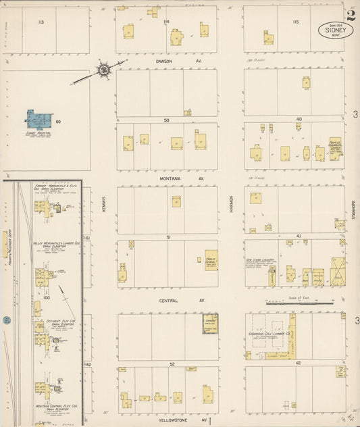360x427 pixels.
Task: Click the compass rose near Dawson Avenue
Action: (104, 69)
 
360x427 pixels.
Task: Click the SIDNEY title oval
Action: (335, 30)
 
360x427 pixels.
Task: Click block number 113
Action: (41, 22)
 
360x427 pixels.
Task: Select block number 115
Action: (295, 22)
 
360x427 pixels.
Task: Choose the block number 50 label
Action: (166, 120)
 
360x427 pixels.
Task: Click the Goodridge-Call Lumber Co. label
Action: (270, 334)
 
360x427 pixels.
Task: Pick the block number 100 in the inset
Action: (47, 297)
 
